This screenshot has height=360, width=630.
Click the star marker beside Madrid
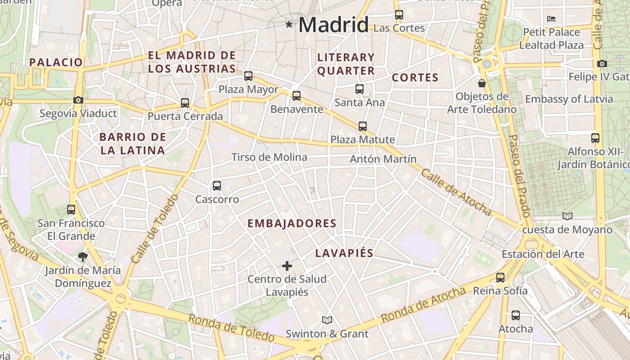tap(289, 24)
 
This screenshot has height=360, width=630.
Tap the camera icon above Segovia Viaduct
tap(78, 100)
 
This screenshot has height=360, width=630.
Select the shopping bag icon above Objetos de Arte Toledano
tap(482, 83)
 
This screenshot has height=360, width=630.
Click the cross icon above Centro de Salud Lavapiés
tap(287, 266)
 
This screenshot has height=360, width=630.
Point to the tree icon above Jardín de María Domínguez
tap(82, 257)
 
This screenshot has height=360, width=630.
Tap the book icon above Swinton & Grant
tap(327, 320)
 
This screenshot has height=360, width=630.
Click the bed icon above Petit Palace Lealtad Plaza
tap(551, 19)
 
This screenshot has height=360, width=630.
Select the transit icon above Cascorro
tap(217, 185)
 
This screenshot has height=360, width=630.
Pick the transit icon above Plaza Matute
tap(363, 126)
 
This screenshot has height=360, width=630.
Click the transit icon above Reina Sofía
tap(500, 278)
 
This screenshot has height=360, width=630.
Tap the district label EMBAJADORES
tap(292, 223)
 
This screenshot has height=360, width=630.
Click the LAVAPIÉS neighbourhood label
tap(344, 253)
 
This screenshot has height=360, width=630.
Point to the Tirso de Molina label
tap(269, 157)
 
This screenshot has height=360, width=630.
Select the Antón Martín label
tap(383, 159)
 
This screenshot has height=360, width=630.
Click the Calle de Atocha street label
tap(456, 192)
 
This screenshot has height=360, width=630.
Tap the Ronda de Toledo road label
tap(231, 328)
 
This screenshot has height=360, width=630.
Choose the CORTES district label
tap(415, 77)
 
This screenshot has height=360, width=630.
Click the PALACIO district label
tap(56, 62)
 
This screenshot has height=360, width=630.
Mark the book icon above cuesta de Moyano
tap(567, 216)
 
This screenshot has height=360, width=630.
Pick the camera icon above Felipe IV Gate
tap(602, 64)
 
